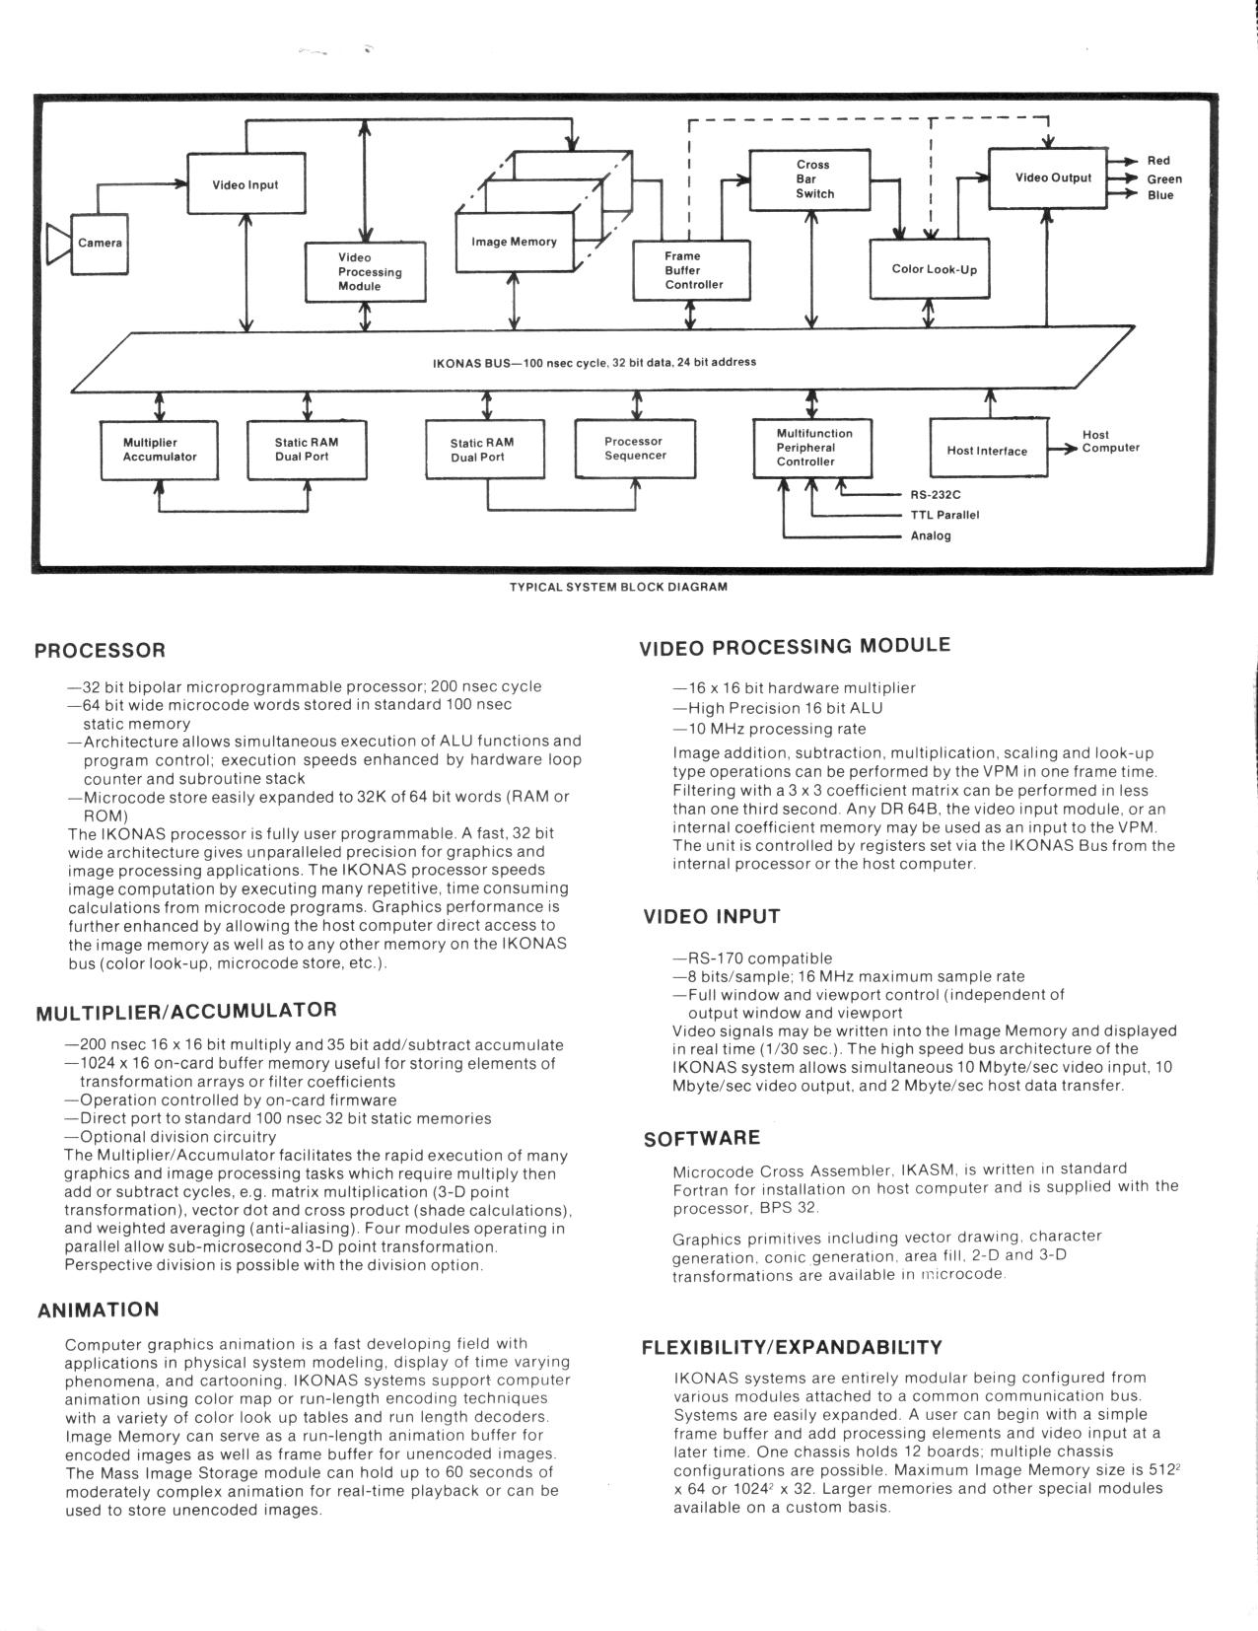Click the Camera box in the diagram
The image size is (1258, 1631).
(100, 244)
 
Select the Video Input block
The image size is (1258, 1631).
(245, 184)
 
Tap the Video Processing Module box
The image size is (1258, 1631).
(365, 271)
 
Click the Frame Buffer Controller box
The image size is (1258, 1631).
(692, 270)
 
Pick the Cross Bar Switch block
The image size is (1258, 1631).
(811, 179)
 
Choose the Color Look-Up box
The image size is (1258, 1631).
(933, 268)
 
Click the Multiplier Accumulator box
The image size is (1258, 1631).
(160, 450)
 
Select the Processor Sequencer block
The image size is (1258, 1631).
(635, 449)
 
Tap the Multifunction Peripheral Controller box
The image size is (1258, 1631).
(812, 448)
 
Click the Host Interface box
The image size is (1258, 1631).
(987, 451)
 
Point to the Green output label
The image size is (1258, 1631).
(1164, 178)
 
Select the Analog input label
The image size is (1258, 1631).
(931, 536)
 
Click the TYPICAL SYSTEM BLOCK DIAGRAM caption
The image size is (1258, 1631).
(618, 587)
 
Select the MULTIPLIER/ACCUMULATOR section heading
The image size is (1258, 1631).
(186, 1011)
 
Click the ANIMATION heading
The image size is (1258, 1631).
(99, 1311)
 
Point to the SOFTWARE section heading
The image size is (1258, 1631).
(702, 1139)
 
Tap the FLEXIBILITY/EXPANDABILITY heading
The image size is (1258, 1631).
(792, 1347)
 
